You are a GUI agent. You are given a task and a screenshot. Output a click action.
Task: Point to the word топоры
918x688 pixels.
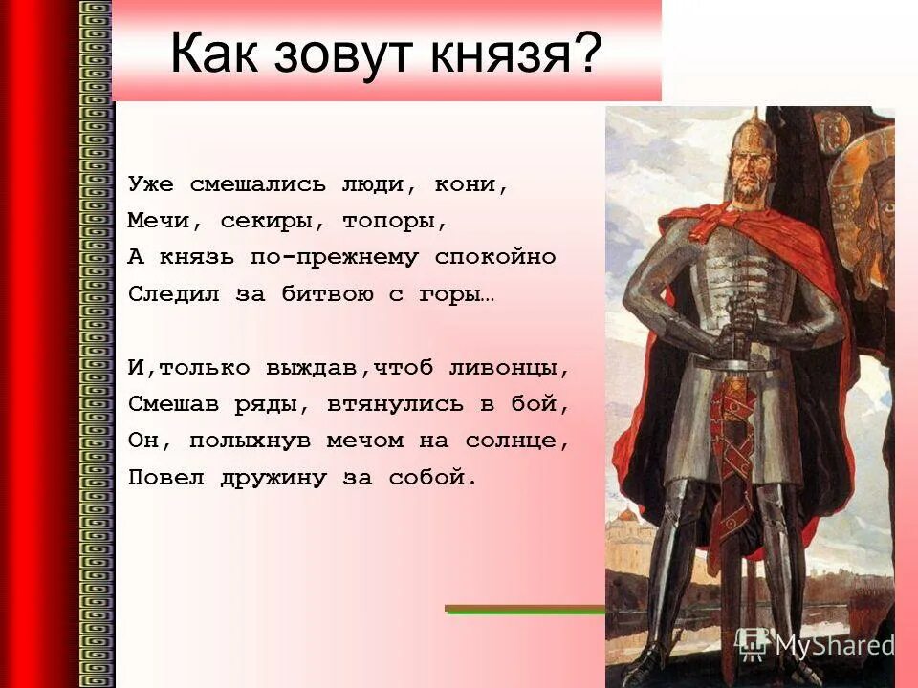point(396,222)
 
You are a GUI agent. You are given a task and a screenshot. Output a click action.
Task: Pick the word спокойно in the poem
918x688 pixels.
point(495,258)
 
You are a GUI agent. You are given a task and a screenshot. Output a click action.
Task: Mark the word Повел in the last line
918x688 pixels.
point(159,478)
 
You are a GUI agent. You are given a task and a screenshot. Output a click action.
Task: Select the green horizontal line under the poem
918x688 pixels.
point(525,609)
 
